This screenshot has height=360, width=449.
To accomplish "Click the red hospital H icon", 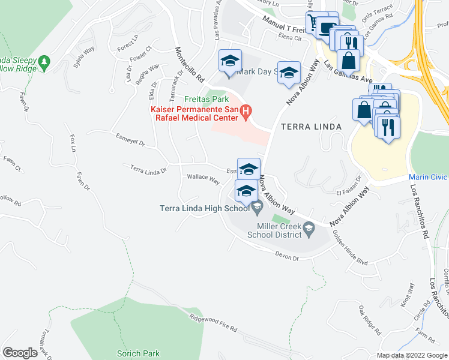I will pyautogui.click(x=245, y=111).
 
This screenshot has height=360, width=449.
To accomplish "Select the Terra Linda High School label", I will pyautogui.click(x=204, y=209).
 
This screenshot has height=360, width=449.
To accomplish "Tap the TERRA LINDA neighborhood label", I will pyautogui.click(x=309, y=127).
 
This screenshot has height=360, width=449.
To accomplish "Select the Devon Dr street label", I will pyautogui.click(x=286, y=258).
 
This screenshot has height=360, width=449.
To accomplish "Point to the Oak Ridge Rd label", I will pyautogui.click(x=370, y=320).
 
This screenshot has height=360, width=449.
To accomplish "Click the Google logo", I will pyautogui.click(x=20, y=353).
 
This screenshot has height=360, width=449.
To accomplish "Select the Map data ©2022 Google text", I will pyautogui.click(x=411, y=355).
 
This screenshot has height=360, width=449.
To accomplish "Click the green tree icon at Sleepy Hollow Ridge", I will pyautogui.click(x=43, y=61).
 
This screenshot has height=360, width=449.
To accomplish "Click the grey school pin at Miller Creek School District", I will pyautogui.click(x=309, y=227).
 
